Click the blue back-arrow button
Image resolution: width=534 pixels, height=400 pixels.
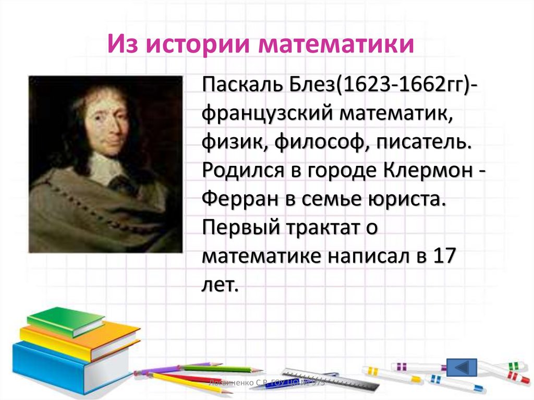462,367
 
